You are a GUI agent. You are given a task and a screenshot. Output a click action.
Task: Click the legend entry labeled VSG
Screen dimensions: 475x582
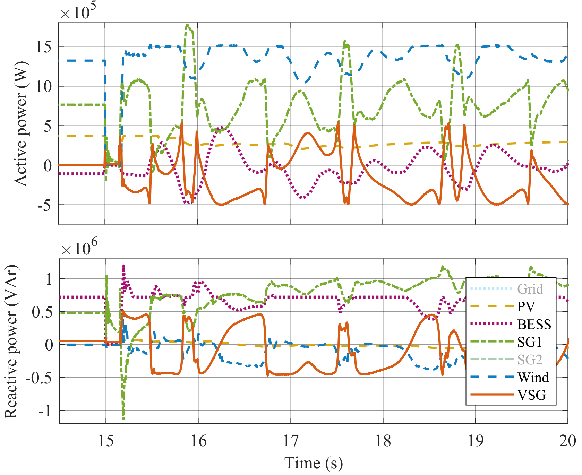(x=531, y=395)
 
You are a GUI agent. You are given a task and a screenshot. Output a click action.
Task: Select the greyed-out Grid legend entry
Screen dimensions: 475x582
(x=530, y=289)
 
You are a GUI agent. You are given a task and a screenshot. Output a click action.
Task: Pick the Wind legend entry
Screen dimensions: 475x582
(x=533, y=377)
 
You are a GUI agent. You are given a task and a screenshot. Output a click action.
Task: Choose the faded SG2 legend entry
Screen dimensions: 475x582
(x=530, y=360)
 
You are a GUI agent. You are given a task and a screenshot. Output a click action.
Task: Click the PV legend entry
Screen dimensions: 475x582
(x=526, y=306)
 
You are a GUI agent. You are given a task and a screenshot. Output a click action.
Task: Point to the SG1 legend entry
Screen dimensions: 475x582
(x=529, y=342)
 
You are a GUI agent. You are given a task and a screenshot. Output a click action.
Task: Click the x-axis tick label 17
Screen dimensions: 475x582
(x=291, y=441)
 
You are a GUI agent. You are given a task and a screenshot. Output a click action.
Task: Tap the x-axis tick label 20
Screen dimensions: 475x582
(x=567, y=441)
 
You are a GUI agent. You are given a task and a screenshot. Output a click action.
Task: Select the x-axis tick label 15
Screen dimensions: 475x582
(x=106, y=441)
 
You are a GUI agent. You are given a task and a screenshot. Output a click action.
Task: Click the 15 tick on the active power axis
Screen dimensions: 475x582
(x=44, y=47)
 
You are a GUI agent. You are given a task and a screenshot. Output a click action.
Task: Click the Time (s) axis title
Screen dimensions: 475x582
(x=314, y=463)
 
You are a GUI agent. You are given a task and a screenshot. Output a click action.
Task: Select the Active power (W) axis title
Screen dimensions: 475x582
(x=21, y=124)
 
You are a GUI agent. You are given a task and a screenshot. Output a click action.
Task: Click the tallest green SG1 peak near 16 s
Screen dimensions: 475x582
(x=188, y=25)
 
